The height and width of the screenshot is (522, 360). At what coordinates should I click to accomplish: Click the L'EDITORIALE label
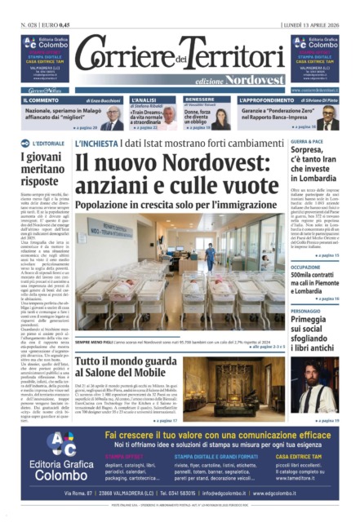coord(46,144)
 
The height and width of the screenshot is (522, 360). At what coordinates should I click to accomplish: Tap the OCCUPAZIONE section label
coord(309,266)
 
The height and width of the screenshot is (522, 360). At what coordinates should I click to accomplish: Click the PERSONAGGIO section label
coord(310,310)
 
